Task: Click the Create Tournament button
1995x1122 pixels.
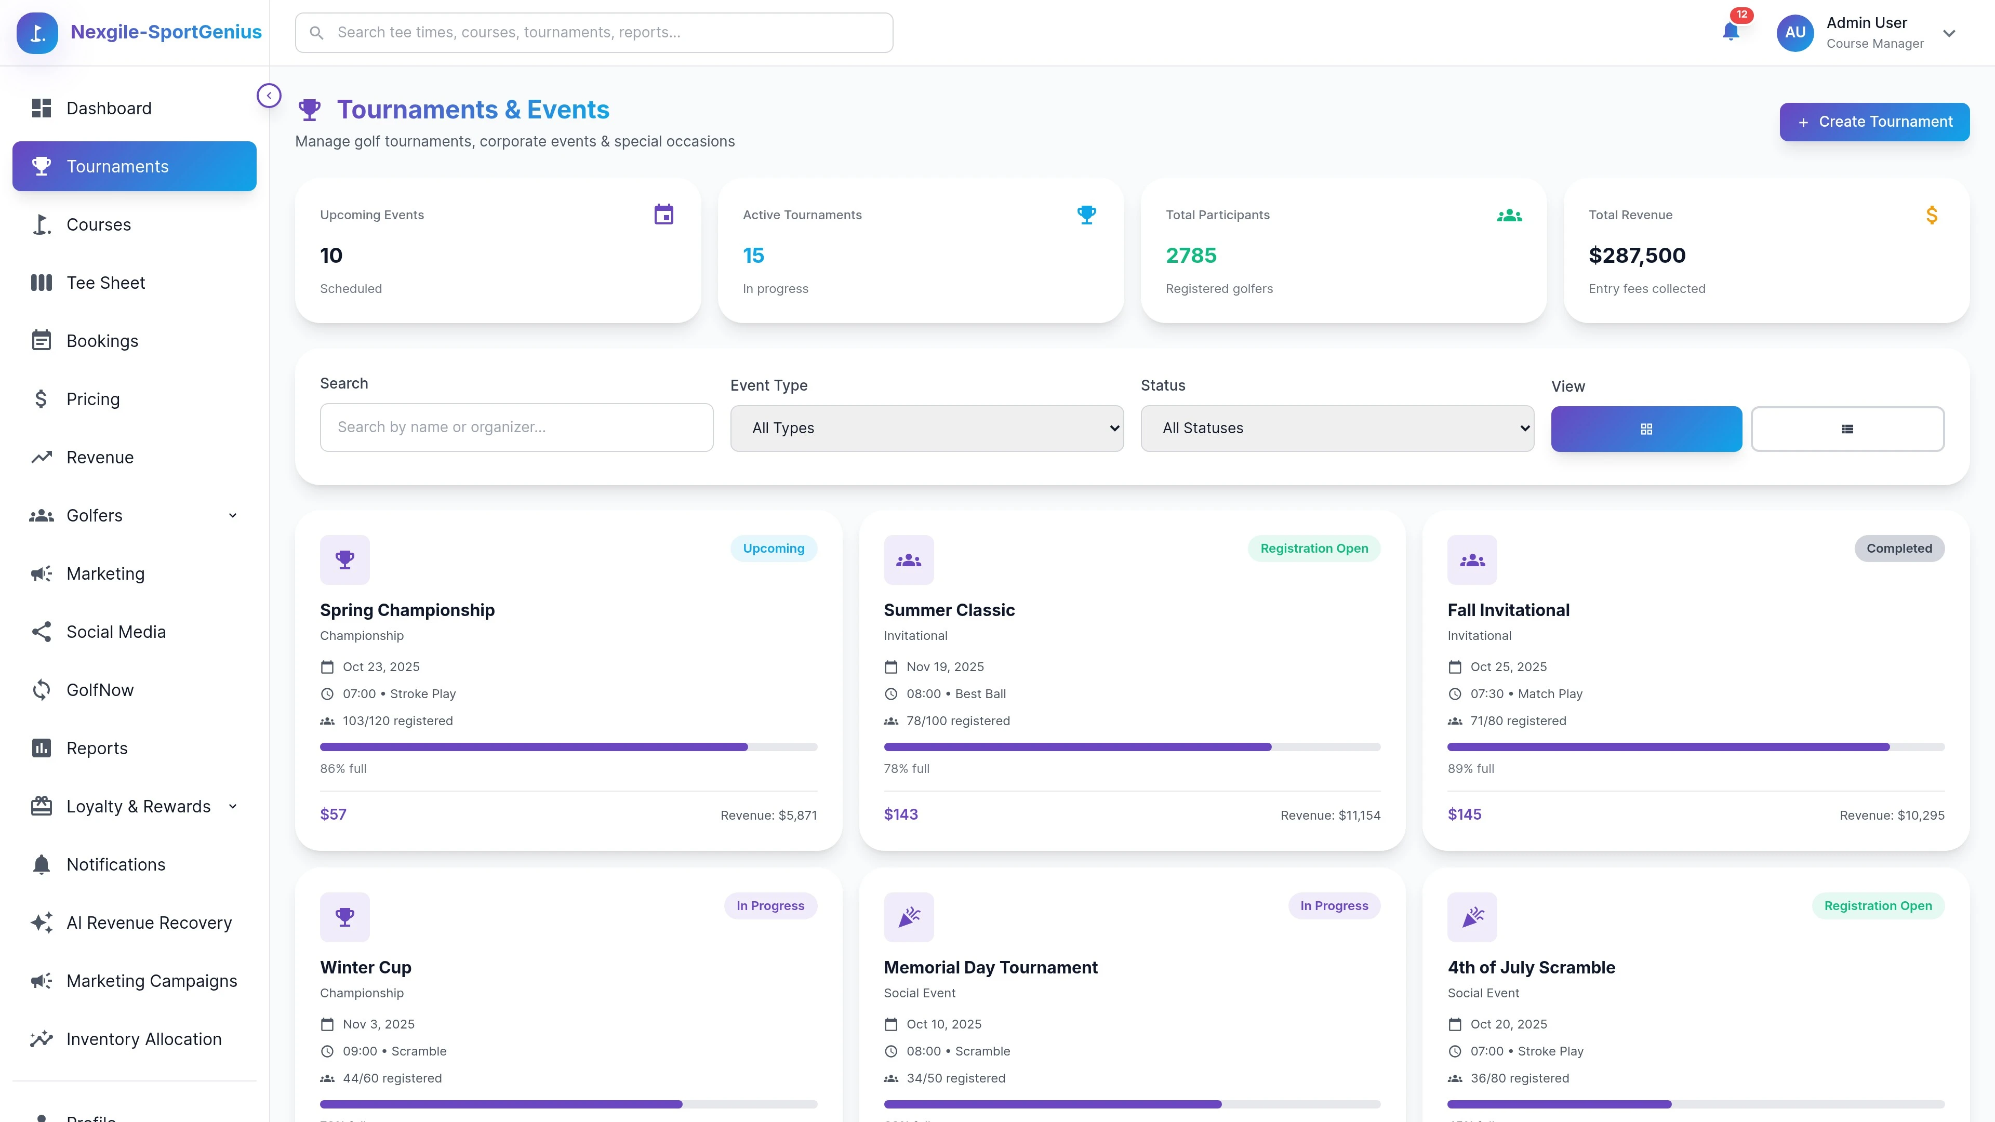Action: click(1873, 122)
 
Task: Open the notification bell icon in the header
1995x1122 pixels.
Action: click(1730, 32)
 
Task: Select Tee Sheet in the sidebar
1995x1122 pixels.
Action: click(105, 283)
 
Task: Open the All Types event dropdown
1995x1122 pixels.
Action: click(926, 428)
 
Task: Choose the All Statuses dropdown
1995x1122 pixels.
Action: click(1337, 428)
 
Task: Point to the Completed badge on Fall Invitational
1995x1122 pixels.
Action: click(1899, 548)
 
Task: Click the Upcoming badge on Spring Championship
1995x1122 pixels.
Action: click(773, 548)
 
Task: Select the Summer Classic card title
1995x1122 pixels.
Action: click(949, 610)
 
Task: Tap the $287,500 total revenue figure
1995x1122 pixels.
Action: click(1637, 256)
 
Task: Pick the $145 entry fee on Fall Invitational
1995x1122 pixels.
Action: click(1464, 814)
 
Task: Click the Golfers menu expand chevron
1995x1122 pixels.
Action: click(232, 516)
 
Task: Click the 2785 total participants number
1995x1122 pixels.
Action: click(1190, 256)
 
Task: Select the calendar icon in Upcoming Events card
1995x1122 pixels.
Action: click(664, 215)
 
